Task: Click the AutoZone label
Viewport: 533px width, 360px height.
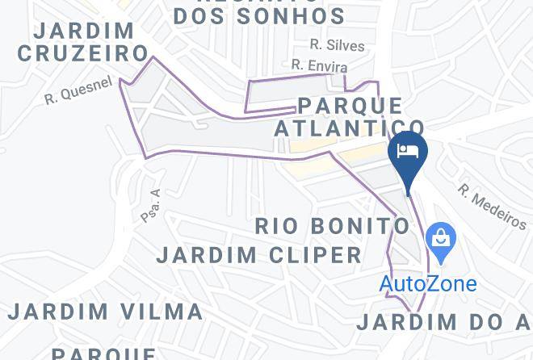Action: click(x=428, y=284)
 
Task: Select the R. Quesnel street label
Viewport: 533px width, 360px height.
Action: click(x=78, y=90)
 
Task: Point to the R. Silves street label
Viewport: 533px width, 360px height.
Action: click(x=338, y=46)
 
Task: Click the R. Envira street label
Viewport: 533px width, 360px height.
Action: click(x=320, y=65)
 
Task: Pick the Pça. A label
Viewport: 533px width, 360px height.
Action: click(x=151, y=205)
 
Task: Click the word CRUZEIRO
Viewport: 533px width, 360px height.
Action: click(x=83, y=53)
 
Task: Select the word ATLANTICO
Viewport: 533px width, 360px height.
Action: click(x=349, y=128)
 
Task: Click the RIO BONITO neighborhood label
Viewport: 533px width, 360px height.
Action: click(x=333, y=225)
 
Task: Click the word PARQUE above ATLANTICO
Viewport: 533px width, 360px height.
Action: click(x=350, y=106)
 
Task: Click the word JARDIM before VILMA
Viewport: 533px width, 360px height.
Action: click(x=58, y=312)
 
